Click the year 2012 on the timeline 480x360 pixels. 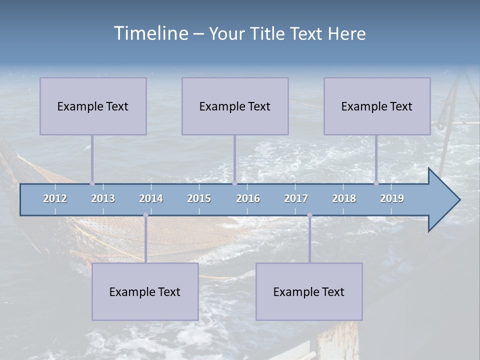(x=55, y=198)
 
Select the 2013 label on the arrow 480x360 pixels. (x=103, y=198)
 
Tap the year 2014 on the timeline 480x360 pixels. (x=151, y=198)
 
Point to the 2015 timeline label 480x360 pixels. (x=199, y=198)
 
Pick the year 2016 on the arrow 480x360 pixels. (x=248, y=198)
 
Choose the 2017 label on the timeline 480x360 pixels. (x=296, y=198)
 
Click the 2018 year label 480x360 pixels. (x=344, y=198)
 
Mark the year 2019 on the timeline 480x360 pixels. (x=392, y=198)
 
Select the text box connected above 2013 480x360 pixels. (x=93, y=106)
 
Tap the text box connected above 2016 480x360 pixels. (x=235, y=106)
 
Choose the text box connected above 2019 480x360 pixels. (x=377, y=106)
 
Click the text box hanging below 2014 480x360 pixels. (x=145, y=291)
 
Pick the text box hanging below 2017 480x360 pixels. (x=309, y=291)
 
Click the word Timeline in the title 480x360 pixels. (x=150, y=33)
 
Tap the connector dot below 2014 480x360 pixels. (x=145, y=215)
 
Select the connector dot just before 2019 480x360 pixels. (x=376, y=183)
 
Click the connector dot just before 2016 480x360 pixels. (x=234, y=183)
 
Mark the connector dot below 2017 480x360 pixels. (x=309, y=215)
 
